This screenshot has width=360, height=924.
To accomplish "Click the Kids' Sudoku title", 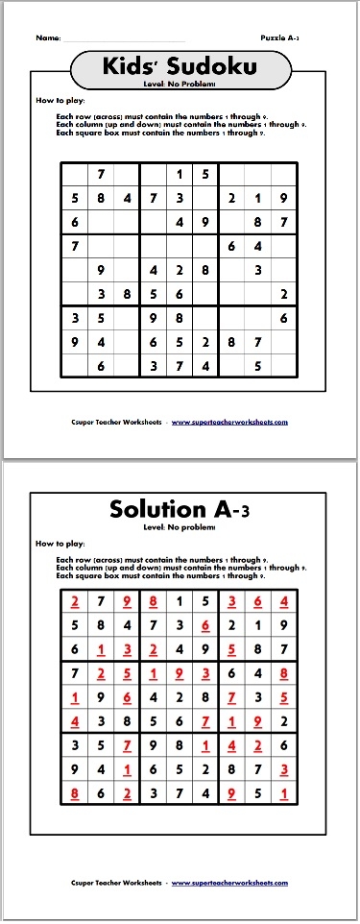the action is pos(180,66).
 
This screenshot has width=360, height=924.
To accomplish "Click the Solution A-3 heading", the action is pos(180,508).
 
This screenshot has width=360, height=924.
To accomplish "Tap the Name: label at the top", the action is pos(48,37).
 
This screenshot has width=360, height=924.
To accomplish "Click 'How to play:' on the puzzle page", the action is pos(56,100).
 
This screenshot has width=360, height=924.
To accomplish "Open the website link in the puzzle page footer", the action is pos(229,421).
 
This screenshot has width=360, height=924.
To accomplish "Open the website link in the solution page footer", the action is pos(229,883).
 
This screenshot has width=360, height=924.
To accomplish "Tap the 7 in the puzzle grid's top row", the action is pos(100,175).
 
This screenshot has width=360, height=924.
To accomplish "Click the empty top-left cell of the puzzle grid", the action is pos(74,175).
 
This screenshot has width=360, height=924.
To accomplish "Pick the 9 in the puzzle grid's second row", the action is pos(283,199).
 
